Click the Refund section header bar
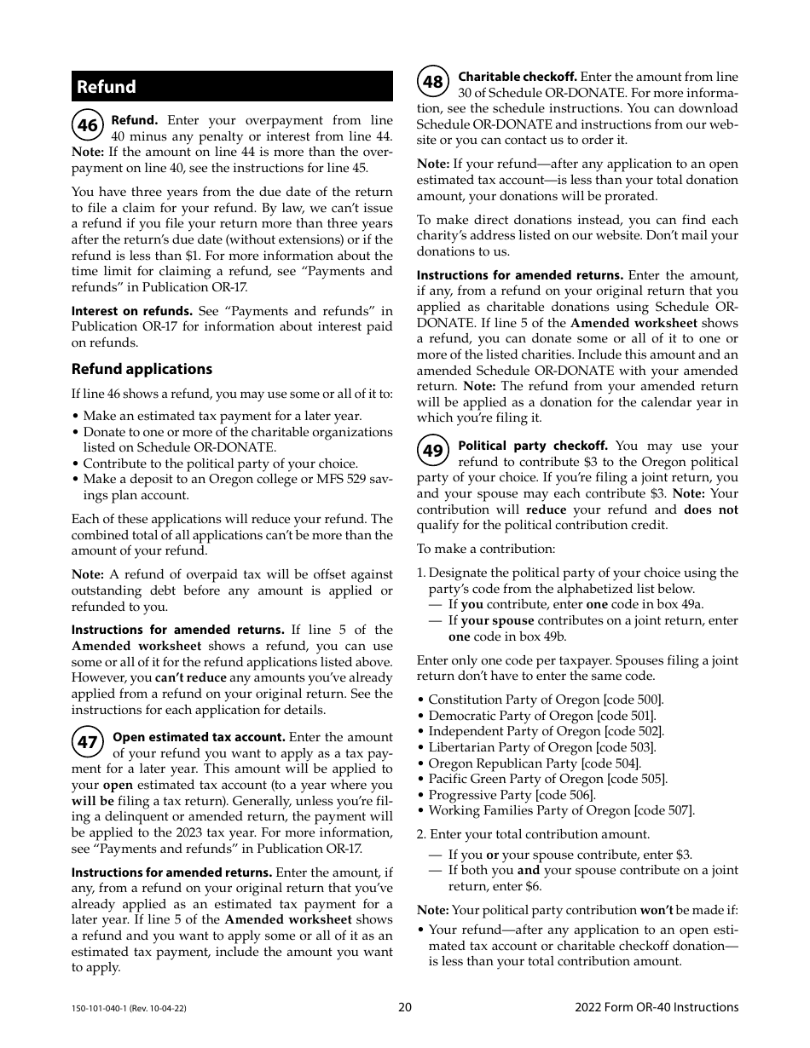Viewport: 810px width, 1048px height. (232, 87)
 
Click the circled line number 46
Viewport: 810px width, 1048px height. (88, 126)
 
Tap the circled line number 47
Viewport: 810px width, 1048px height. (88, 742)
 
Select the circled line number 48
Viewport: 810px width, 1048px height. (433, 82)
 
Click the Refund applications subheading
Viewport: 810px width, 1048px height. (142, 369)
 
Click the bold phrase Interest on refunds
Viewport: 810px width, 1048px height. (132, 311)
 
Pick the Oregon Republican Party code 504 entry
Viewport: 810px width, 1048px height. (534, 763)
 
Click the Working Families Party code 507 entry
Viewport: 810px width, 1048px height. (561, 810)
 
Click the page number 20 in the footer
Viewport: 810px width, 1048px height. (405, 1007)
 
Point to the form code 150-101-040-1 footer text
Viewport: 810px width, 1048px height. (129, 1008)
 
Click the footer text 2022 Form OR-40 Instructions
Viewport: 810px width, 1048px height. (657, 1007)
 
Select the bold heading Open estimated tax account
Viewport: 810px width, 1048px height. (199, 737)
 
